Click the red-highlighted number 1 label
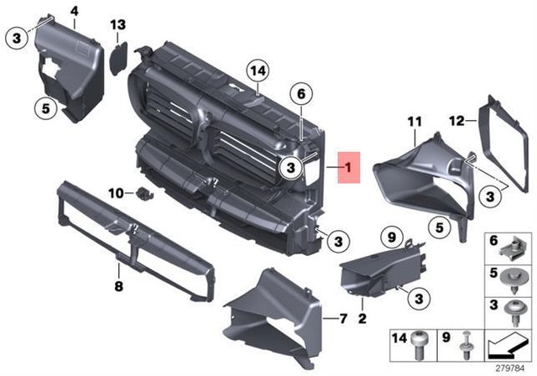click(344, 168)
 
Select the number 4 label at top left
click(75, 11)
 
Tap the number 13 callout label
click(117, 23)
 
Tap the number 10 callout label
click(116, 194)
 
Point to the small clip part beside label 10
click(144, 195)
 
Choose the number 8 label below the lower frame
click(119, 286)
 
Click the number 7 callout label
click(341, 319)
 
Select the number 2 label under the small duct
click(362, 318)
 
